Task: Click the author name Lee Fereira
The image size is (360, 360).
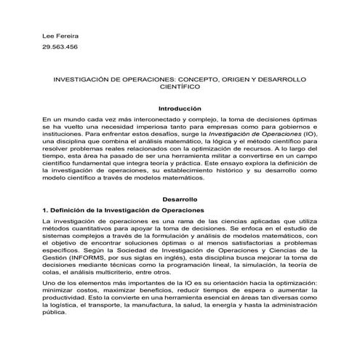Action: (62, 36)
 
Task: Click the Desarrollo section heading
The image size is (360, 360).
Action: (179, 199)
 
